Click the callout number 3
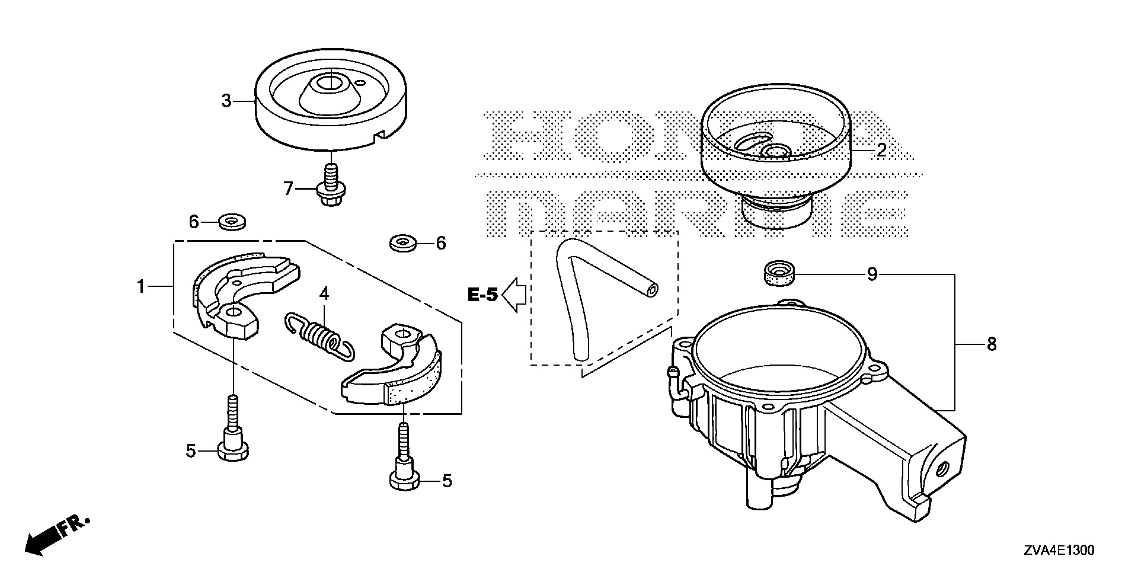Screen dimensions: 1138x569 coord(226,101)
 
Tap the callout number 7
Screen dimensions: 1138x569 coord(289,189)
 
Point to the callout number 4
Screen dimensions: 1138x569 coord(324,293)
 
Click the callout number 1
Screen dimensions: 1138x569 coord(140,287)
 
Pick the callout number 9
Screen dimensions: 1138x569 coord(872,276)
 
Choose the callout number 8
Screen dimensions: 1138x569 coord(992,344)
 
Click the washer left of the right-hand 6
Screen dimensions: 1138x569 coord(403,242)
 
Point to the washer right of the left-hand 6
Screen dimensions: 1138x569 coord(232,223)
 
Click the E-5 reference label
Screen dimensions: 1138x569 coord(482,295)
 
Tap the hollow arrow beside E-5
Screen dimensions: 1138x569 coord(514,295)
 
